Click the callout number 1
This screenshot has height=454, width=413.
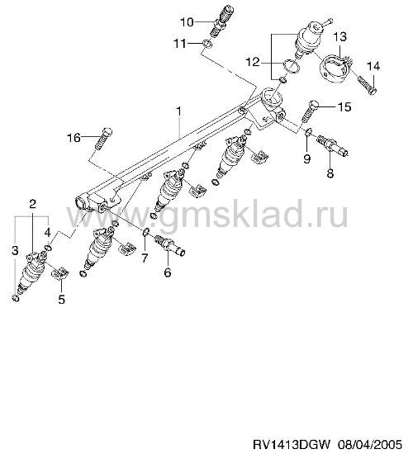pyautogui.click(x=178, y=111)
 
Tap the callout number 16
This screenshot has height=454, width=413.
pyautogui.click(x=74, y=138)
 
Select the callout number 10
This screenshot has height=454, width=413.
pyautogui.click(x=188, y=22)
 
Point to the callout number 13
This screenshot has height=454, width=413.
pyautogui.click(x=339, y=37)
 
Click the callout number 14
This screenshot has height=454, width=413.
pyautogui.click(x=373, y=66)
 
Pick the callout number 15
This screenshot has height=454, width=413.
pyautogui.click(x=344, y=106)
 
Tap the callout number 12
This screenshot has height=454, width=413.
pyautogui.click(x=253, y=62)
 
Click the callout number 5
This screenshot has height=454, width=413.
pyautogui.click(x=61, y=299)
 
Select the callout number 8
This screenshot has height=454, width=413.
pyautogui.click(x=330, y=173)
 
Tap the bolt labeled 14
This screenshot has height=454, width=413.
pyautogui.click(x=367, y=84)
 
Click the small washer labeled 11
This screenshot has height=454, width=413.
pyautogui.click(x=207, y=44)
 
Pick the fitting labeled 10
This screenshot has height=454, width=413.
pyautogui.click(x=221, y=21)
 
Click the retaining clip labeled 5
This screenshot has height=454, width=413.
pyautogui.click(x=59, y=273)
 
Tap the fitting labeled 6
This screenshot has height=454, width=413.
pyautogui.click(x=170, y=245)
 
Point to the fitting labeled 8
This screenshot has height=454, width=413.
pyautogui.click(x=333, y=144)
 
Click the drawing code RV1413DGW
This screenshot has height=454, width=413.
pyautogui.click(x=292, y=444)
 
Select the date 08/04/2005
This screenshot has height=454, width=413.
pyautogui.click(x=370, y=444)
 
